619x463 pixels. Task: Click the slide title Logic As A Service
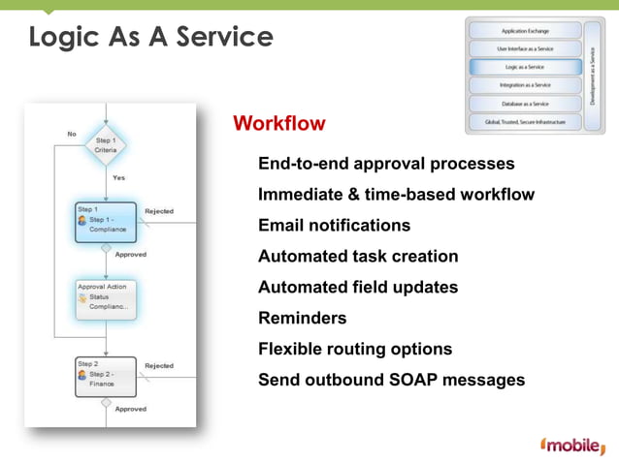tap(150, 38)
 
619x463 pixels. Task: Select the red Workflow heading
tap(279, 124)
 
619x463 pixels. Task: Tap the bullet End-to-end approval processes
tap(386, 164)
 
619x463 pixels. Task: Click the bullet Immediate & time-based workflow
tap(396, 195)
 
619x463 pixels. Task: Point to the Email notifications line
tap(334, 226)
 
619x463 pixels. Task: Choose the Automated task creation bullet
tap(358, 257)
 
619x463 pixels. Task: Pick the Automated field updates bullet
tap(358, 288)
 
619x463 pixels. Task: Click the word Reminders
tap(302, 318)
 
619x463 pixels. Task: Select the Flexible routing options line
tap(355, 349)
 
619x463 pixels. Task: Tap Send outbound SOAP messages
tap(391, 380)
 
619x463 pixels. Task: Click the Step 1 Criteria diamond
tap(106, 145)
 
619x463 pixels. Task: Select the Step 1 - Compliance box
tap(105, 221)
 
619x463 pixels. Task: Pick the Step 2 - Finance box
tap(105, 375)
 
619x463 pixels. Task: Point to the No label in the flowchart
tap(72, 133)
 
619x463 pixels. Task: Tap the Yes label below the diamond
tap(118, 178)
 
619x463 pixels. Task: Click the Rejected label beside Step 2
tap(159, 366)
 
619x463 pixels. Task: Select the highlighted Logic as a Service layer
tap(525, 67)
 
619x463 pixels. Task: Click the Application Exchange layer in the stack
tap(525, 31)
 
